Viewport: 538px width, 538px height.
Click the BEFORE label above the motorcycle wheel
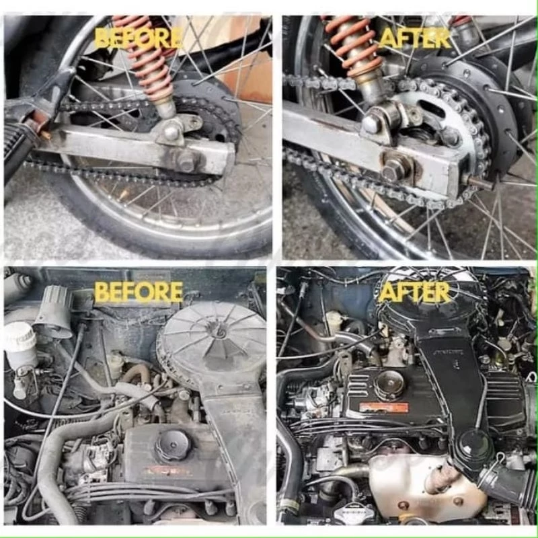pos(138,38)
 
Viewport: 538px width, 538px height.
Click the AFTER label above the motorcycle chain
pos(415,38)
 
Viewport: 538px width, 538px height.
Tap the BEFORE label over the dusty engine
pos(139,292)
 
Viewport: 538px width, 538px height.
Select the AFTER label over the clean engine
pos(414,292)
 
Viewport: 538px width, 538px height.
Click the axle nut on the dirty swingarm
pos(186,161)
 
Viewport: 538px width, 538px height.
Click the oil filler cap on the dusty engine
pos(172,445)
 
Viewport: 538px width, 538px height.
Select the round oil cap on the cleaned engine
pos(390,385)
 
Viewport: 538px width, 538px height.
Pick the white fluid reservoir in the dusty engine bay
pos(20,345)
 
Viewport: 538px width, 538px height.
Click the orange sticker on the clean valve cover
pos(383,408)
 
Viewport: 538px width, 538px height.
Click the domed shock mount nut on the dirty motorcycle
pos(171,132)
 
